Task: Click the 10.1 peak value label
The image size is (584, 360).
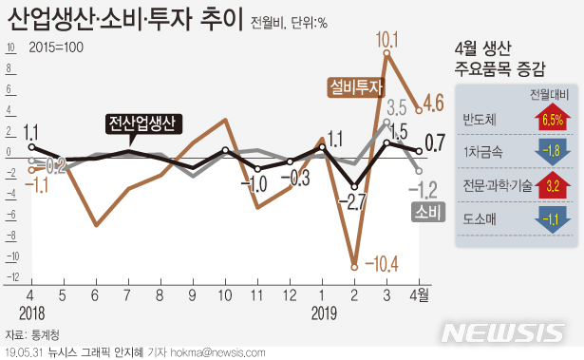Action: click(386, 40)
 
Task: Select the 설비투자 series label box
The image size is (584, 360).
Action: click(355, 86)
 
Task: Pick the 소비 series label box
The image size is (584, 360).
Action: click(424, 213)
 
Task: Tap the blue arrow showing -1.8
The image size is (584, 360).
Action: click(551, 151)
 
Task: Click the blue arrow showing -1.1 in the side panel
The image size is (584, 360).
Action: click(551, 218)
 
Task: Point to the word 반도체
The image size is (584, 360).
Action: click(479, 120)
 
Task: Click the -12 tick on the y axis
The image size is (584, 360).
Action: click(14, 278)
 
